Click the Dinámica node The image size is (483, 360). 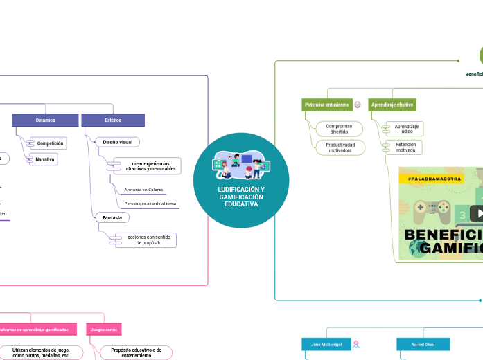(45, 120)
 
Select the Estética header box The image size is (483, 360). (113, 120)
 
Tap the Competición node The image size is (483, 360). (50, 143)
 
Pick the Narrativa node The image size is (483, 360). (46, 159)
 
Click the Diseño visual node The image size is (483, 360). (117, 142)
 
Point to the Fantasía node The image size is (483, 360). (112, 217)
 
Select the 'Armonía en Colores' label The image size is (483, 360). (143, 190)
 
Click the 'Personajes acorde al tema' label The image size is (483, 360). (150, 204)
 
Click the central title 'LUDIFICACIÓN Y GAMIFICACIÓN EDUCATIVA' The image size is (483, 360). (241, 197)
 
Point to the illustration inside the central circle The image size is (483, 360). (241, 166)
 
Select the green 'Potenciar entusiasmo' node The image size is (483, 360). (327, 105)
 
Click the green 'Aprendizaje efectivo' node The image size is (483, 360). (392, 105)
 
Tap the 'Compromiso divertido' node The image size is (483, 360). (339, 129)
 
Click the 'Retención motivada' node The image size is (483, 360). (405, 147)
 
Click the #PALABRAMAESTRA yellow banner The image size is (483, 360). (430, 179)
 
